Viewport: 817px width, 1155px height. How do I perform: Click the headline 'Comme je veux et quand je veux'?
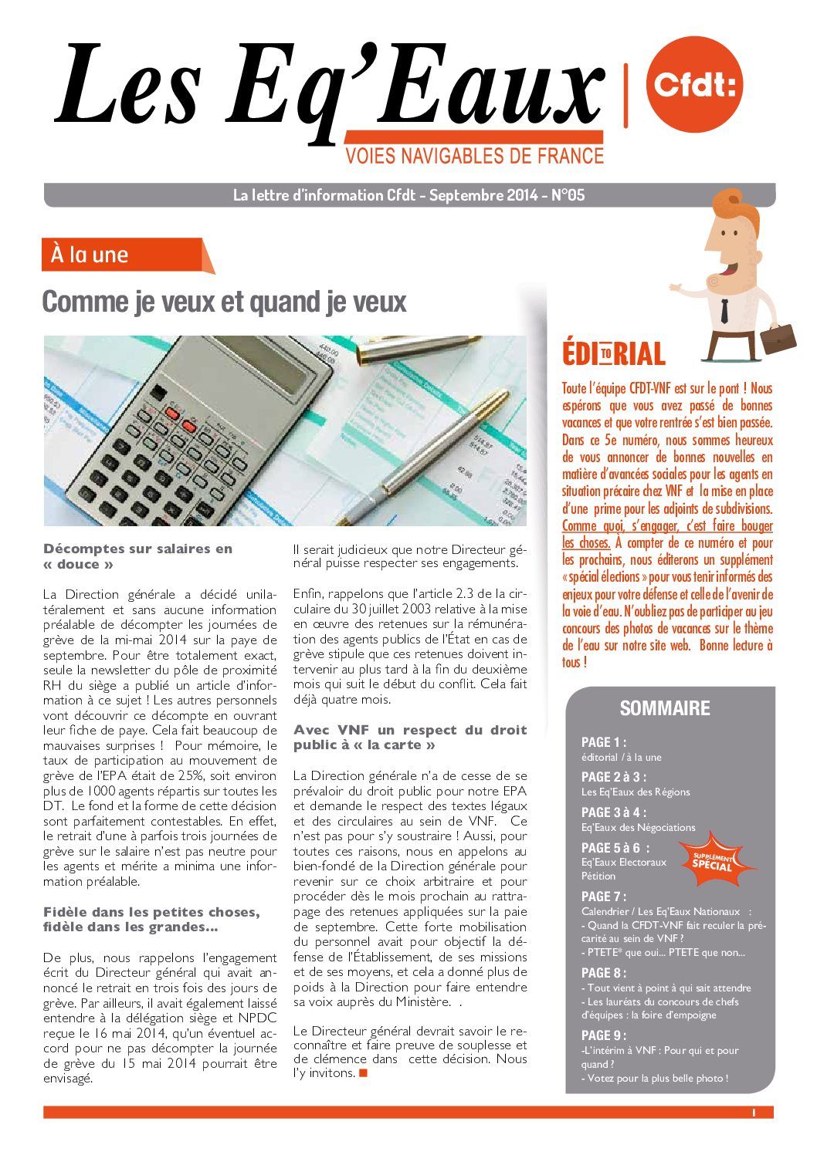click(224, 302)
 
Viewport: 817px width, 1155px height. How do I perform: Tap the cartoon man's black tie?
click(724, 310)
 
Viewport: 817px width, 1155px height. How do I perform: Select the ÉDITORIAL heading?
click(613, 354)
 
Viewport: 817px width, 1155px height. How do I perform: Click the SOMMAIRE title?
click(665, 708)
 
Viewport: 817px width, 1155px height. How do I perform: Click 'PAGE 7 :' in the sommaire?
click(603, 897)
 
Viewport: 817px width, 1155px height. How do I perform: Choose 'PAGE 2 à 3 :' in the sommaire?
click(613, 777)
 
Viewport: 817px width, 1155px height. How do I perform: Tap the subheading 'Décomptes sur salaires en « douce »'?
click(137, 556)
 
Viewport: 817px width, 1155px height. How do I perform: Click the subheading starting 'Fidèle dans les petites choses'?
click(151, 920)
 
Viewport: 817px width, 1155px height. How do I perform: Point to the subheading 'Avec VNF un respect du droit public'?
click(409, 738)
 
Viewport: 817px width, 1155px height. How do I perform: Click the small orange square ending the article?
click(364, 1072)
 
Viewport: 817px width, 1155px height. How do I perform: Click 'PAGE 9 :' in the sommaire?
click(603, 1035)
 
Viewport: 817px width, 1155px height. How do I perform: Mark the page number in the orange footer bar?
click(752, 1113)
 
